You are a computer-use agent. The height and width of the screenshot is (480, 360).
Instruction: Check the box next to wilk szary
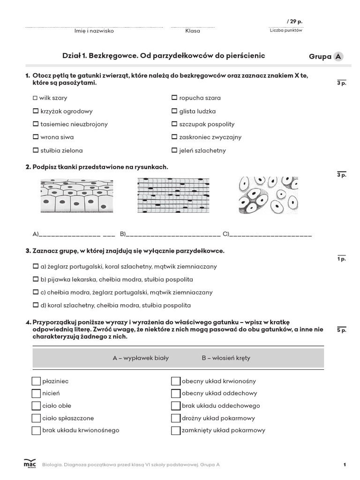point(35,98)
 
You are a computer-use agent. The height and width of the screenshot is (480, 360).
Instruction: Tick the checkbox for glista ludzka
point(174,111)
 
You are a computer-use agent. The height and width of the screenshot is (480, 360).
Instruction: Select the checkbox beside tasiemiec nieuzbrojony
point(35,124)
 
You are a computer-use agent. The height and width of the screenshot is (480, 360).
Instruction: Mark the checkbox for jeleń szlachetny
point(174,150)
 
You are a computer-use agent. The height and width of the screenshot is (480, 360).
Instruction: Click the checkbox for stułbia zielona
point(35,150)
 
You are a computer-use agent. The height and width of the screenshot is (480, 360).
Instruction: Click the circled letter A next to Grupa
point(338,57)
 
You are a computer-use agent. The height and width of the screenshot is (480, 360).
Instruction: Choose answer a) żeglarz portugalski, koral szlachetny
point(35,266)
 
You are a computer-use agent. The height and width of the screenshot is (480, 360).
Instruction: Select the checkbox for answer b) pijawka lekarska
point(35,279)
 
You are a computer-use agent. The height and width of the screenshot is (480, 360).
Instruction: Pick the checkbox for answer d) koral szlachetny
point(35,305)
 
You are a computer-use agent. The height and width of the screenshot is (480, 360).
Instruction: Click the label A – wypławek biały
point(141,358)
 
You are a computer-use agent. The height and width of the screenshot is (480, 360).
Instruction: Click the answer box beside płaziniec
point(36,381)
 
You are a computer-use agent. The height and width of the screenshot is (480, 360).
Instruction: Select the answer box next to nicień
point(36,393)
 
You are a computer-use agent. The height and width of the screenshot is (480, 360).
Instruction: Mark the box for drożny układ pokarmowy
point(176,418)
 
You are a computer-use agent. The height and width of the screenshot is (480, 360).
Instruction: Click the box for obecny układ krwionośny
point(176,381)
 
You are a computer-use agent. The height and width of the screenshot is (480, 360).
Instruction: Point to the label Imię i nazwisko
point(94,31)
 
